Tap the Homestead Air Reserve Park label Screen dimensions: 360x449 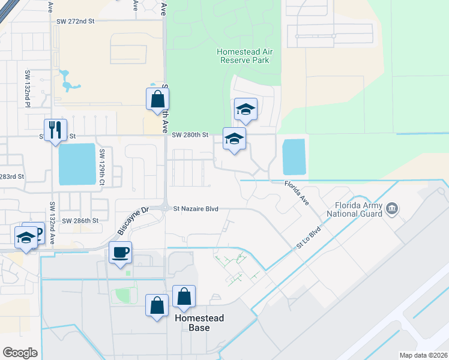pyautogui.click(x=245, y=56)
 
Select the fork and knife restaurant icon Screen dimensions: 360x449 pyautogui.click(x=55, y=130)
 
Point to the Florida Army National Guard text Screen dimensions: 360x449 pyautogui.click(x=354, y=209)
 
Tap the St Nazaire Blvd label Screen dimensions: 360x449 pyautogui.click(x=195, y=209)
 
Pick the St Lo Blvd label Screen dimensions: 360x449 pyautogui.click(x=309, y=237)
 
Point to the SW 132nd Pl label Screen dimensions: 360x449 pyautogui.click(x=28, y=89)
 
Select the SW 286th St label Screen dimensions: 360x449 pyautogui.click(x=80, y=221)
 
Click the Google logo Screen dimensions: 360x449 pyautogui.click(x=20, y=353)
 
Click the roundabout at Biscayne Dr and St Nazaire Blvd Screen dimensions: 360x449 pyautogui.click(x=165, y=208)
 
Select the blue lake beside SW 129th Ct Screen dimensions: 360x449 pyautogui.click(x=77, y=164)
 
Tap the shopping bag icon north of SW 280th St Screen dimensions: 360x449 pyautogui.click(x=157, y=99)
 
